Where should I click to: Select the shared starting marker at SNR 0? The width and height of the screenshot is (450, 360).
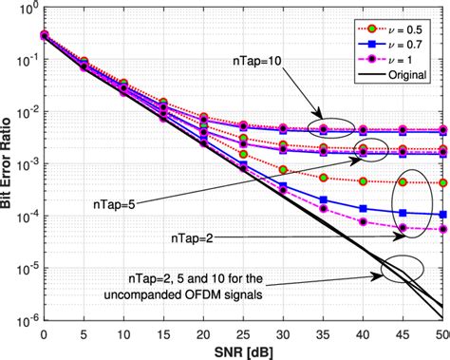pos(44,35)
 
